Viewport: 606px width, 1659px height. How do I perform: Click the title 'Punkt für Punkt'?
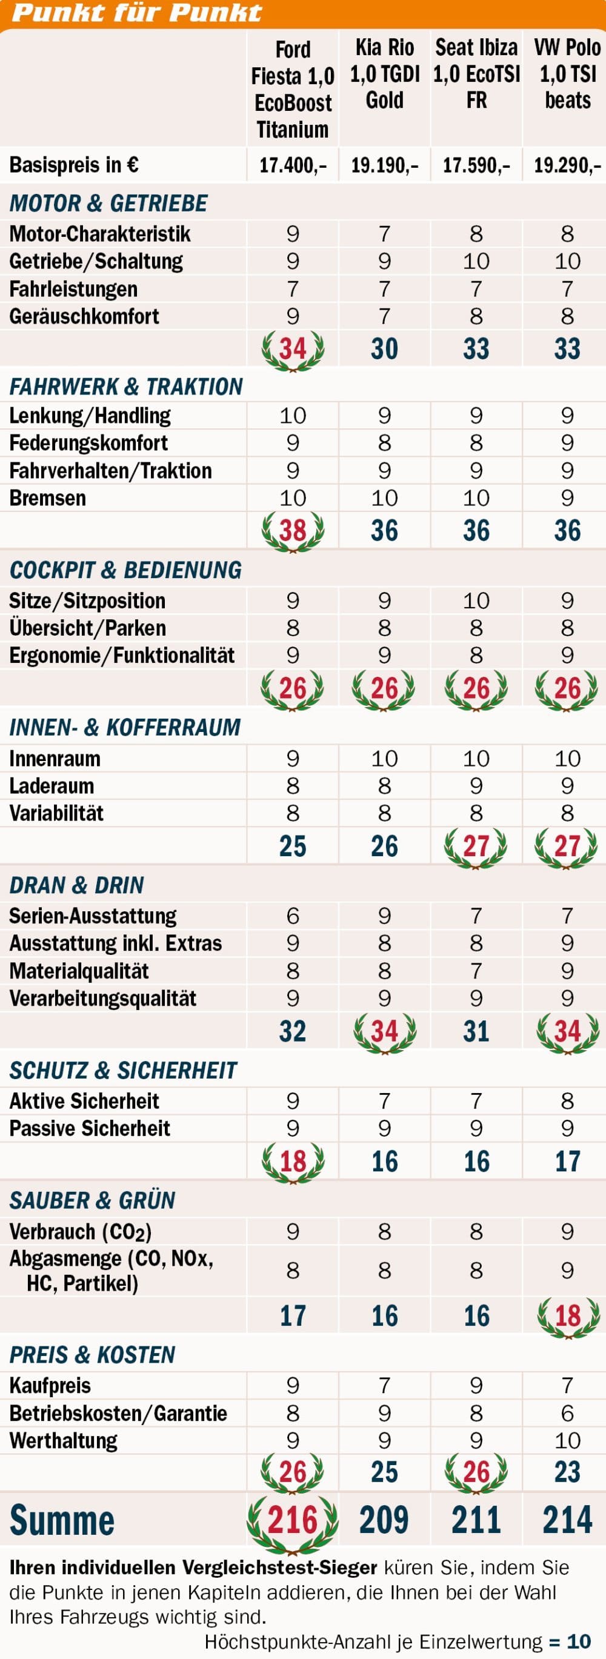136,13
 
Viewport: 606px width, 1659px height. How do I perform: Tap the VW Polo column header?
567,73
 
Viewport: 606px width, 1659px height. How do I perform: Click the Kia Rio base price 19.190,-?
384,165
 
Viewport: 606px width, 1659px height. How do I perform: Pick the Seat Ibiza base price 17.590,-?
476,165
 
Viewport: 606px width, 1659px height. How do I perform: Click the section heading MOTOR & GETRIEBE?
108,204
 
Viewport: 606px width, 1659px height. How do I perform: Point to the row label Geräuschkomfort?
84,316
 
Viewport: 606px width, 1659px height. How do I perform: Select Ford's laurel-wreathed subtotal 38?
293,531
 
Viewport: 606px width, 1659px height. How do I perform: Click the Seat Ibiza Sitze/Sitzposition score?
476,600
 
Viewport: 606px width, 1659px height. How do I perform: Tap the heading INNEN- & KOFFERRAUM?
125,727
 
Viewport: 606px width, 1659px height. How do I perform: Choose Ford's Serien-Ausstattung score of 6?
293,915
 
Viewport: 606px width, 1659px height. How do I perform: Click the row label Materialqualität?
79,971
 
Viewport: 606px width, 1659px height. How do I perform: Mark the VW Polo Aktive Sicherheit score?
567,1100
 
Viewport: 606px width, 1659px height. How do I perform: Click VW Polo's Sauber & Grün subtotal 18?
567,1315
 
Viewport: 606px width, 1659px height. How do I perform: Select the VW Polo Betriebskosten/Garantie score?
567,1413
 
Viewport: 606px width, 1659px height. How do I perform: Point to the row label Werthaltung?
63,1441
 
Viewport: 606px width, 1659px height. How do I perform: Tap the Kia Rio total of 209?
384,1520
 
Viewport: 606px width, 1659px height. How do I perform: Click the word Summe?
62,1520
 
